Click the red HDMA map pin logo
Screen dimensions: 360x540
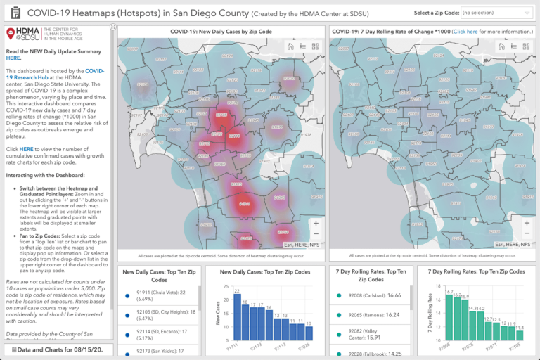point(11,36)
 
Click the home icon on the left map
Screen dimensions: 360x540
point(289,46)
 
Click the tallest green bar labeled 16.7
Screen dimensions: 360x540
point(449,316)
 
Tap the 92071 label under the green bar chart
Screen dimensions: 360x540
point(493,346)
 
